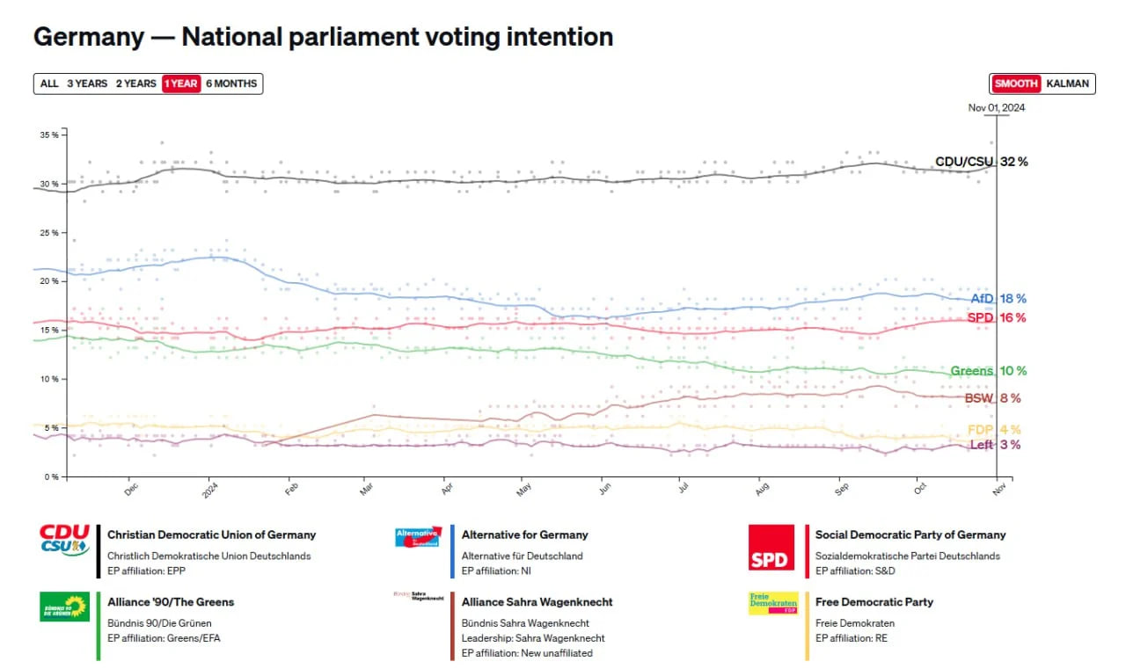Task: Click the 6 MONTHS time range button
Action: click(x=231, y=84)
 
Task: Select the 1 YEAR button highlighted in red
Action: click(x=181, y=84)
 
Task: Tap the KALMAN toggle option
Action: click(x=1067, y=84)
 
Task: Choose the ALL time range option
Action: click(x=49, y=84)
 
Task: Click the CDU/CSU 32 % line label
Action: click(x=981, y=162)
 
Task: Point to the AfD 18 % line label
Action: click(x=998, y=299)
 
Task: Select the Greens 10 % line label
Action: click(x=988, y=371)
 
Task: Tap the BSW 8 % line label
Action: click(x=993, y=398)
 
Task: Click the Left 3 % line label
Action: click(x=995, y=445)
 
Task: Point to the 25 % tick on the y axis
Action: click(x=49, y=233)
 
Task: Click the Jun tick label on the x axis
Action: click(x=605, y=489)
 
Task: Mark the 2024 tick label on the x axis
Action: click(x=210, y=491)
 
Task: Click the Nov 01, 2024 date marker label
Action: click(x=997, y=107)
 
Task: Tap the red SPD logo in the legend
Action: click(x=771, y=548)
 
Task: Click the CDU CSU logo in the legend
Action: click(x=64, y=540)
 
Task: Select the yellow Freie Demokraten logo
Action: click(x=773, y=603)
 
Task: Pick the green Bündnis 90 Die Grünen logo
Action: click(x=64, y=607)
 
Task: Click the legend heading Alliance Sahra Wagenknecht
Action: click(x=537, y=601)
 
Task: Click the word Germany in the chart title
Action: click(x=89, y=37)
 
